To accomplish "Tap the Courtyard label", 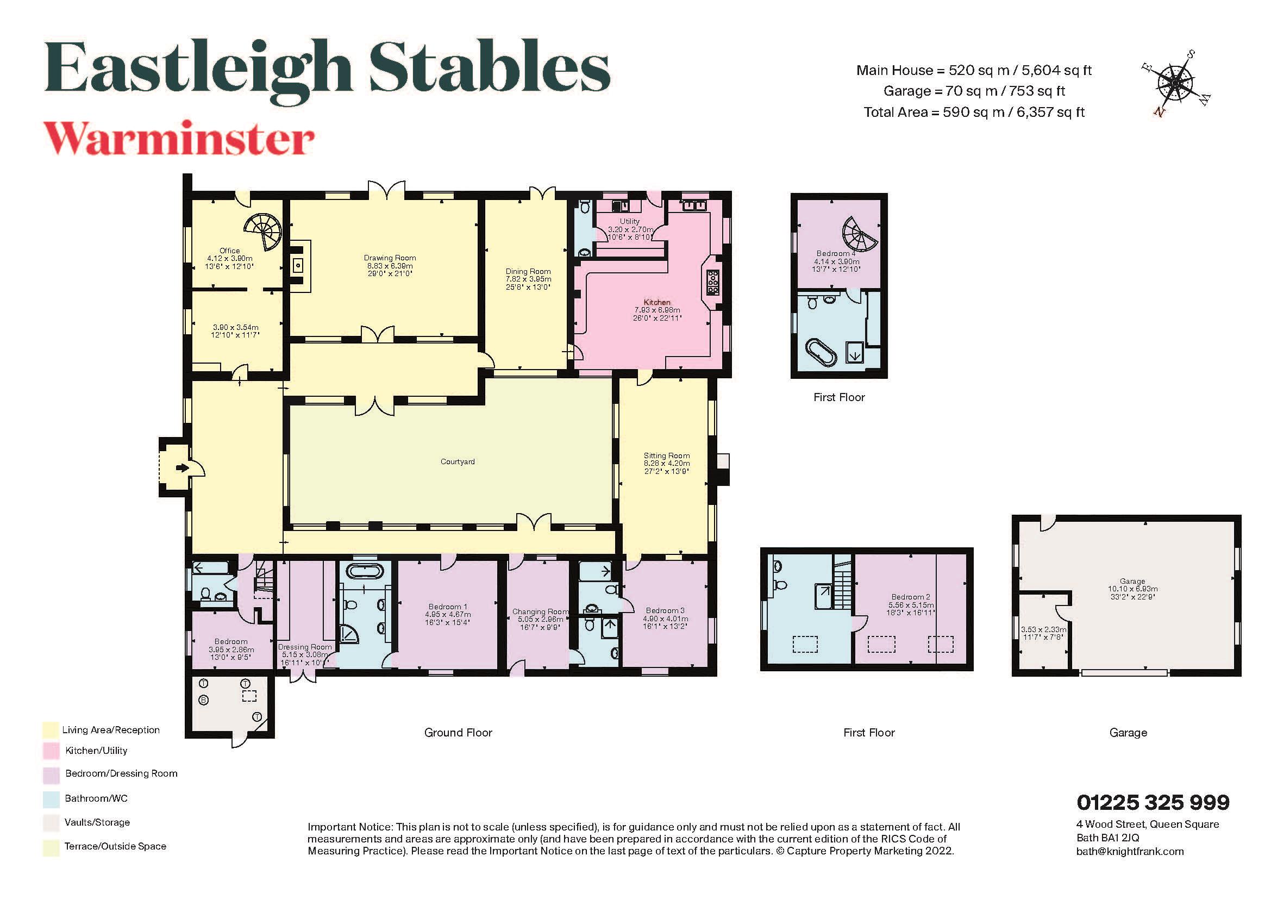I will click(457, 461).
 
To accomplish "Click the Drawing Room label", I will click(390, 258).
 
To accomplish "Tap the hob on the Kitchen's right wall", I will click(713, 282).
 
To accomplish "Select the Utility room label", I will click(630, 221).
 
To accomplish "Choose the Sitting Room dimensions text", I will click(667, 467).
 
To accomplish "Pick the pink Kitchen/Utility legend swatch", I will click(51, 751).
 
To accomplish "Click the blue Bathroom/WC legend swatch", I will click(51, 799).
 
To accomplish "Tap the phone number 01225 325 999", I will click(1153, 802).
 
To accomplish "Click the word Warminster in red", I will click(179, 139).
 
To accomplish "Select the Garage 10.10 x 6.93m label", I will click(1132, 589).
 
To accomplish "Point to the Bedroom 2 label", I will click(910, 597).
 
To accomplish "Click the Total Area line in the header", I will click(974, 113).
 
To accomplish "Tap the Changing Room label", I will click(540, 611).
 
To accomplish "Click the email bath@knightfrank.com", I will click(1129, 851).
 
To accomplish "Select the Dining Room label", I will click(528, 271).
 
